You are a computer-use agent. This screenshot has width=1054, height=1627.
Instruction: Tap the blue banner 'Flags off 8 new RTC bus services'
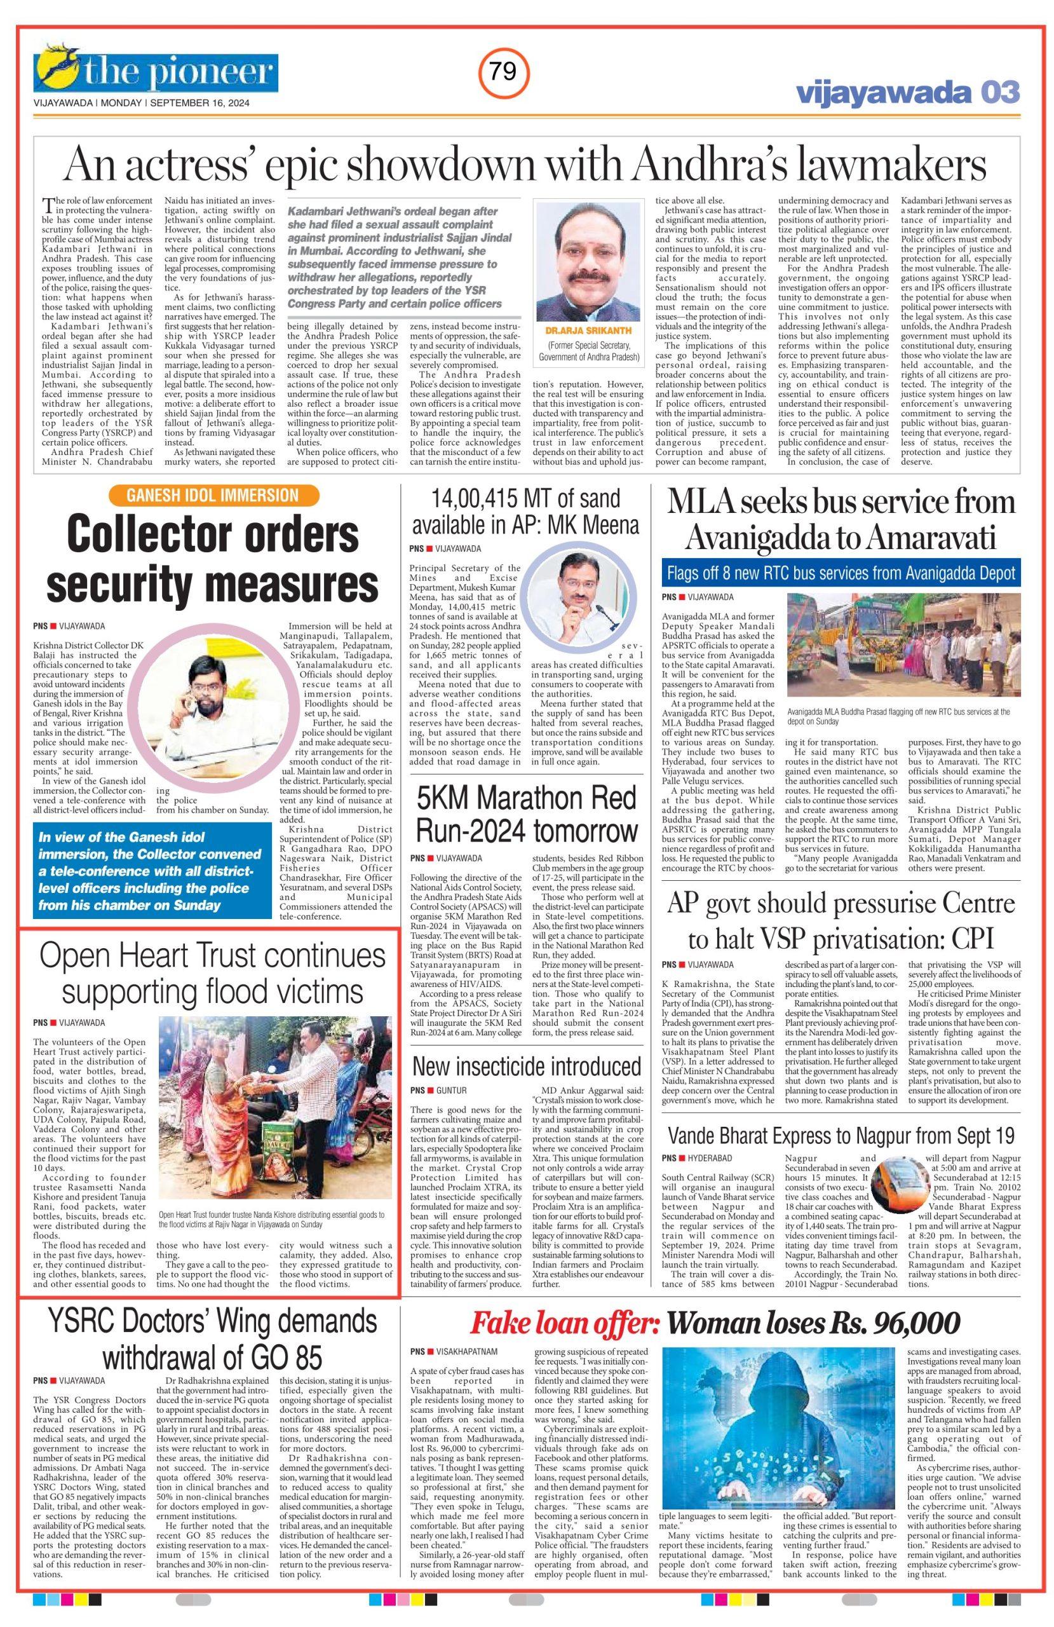click(x=840, y=572)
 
